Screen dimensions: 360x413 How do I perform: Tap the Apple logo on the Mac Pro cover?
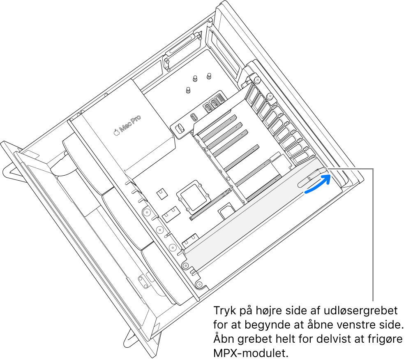[x=116, y=132]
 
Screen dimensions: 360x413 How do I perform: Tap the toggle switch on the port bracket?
[x=180, y=129]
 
